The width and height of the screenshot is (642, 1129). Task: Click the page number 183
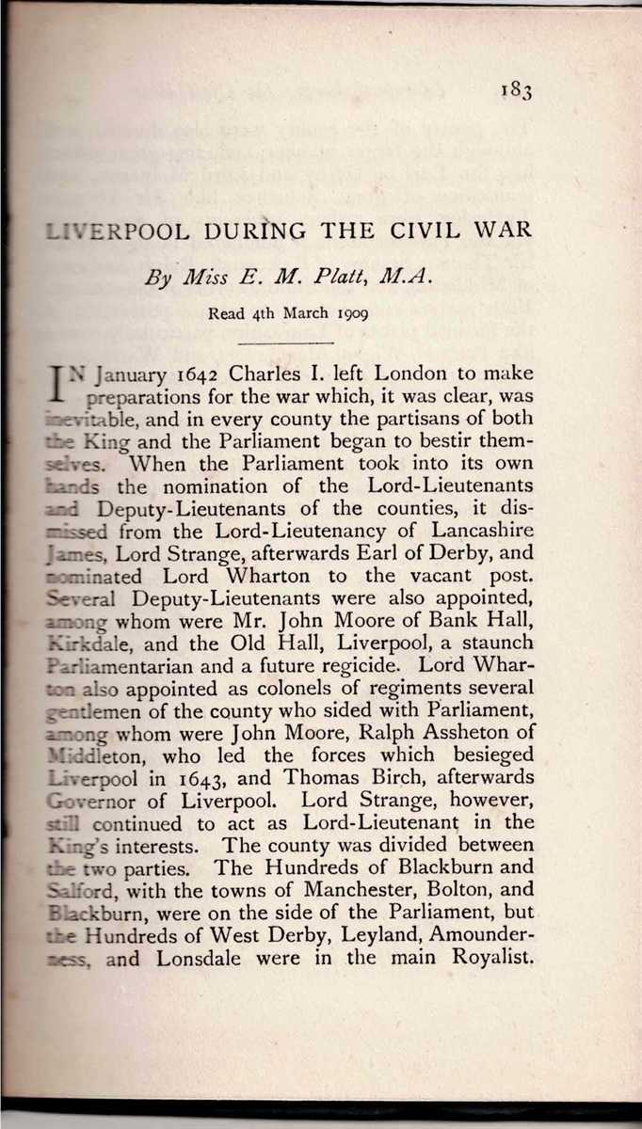[x=517, y=90]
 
